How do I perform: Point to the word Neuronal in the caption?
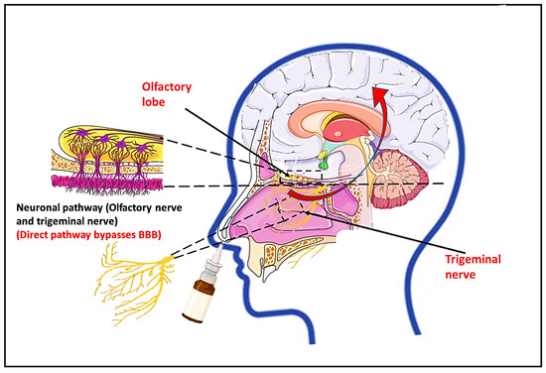pos(41,209)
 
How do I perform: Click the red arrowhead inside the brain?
pos(377,95)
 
